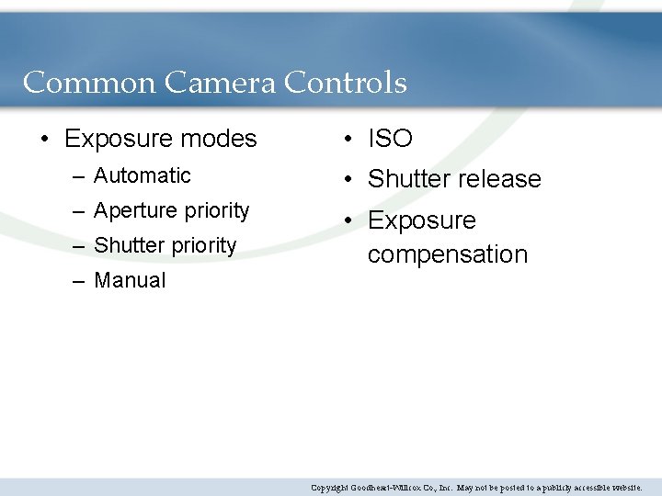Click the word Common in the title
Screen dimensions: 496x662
click(x=89, y=83)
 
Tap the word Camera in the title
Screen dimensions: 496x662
click(x=220, y=83)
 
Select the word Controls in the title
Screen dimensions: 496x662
click(x=345, y=83)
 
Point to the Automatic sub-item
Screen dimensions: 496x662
click(x=142, y=175)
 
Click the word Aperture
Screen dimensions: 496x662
click(x=137, y=210)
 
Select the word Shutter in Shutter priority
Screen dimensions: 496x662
click(x=127, y=245)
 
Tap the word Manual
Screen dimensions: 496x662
click(x=130, y=280)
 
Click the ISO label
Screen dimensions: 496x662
click(x=390, y=139)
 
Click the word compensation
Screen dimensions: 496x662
click(x=448, y=254)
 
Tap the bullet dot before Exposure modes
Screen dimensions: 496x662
click(x=44, y=140)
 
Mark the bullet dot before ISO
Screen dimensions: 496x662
click(x=347, y=140)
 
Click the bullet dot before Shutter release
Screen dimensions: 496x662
click(x=347, y=180)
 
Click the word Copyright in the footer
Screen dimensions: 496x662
click(x=329, y=488)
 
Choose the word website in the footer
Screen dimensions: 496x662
click(x=620, y=488)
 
